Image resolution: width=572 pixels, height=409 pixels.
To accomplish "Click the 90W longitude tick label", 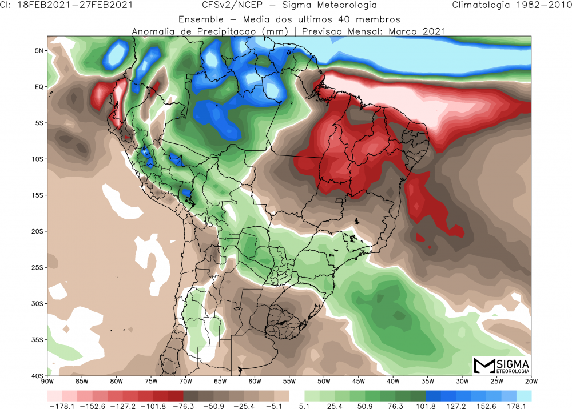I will (x=47, y=381).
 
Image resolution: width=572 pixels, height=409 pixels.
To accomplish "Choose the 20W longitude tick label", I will (x=531, y=381).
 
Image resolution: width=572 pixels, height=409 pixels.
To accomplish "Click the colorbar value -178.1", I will (x=59, y=406).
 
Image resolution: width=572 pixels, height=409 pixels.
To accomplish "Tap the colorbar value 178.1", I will (x=517, y=406).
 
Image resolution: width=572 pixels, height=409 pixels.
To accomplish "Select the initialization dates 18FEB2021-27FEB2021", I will (x=74, y=6).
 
